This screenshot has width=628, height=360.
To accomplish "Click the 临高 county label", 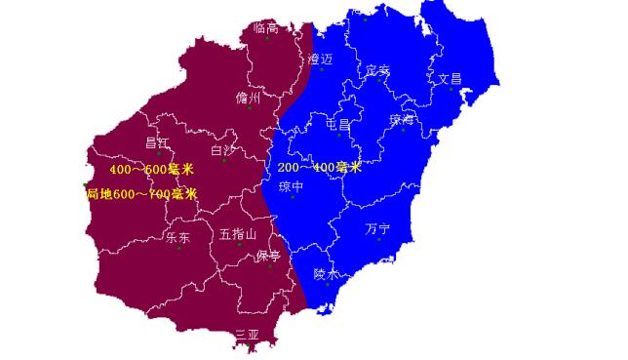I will tap(265, 28).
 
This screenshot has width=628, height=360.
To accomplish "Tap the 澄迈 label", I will tap(320, 60).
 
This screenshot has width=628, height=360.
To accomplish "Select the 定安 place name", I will tap(377, 70).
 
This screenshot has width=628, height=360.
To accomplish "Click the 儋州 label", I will tap(249, 99).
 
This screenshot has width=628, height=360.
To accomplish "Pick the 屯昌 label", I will tap(338, 126).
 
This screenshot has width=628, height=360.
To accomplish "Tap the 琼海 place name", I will tap(402, 120).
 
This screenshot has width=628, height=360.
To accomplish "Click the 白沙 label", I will tap(223, 151).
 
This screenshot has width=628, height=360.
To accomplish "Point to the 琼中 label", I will tap(292, 186).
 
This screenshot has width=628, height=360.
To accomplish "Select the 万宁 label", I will tap(377, 229).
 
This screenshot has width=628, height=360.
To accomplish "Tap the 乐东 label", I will tap(177, 237).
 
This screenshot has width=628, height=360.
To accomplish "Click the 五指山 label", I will tap(238, 234).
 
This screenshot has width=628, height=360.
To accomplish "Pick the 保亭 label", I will tap(268, 257).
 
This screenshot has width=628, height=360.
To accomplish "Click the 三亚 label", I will tap(247, 335).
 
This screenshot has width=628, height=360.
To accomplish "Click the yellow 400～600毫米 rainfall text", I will tap(151, 170).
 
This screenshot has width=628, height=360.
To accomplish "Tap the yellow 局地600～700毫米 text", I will tap(141, 194).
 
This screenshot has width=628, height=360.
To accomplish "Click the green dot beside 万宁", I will tap(379, 240).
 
